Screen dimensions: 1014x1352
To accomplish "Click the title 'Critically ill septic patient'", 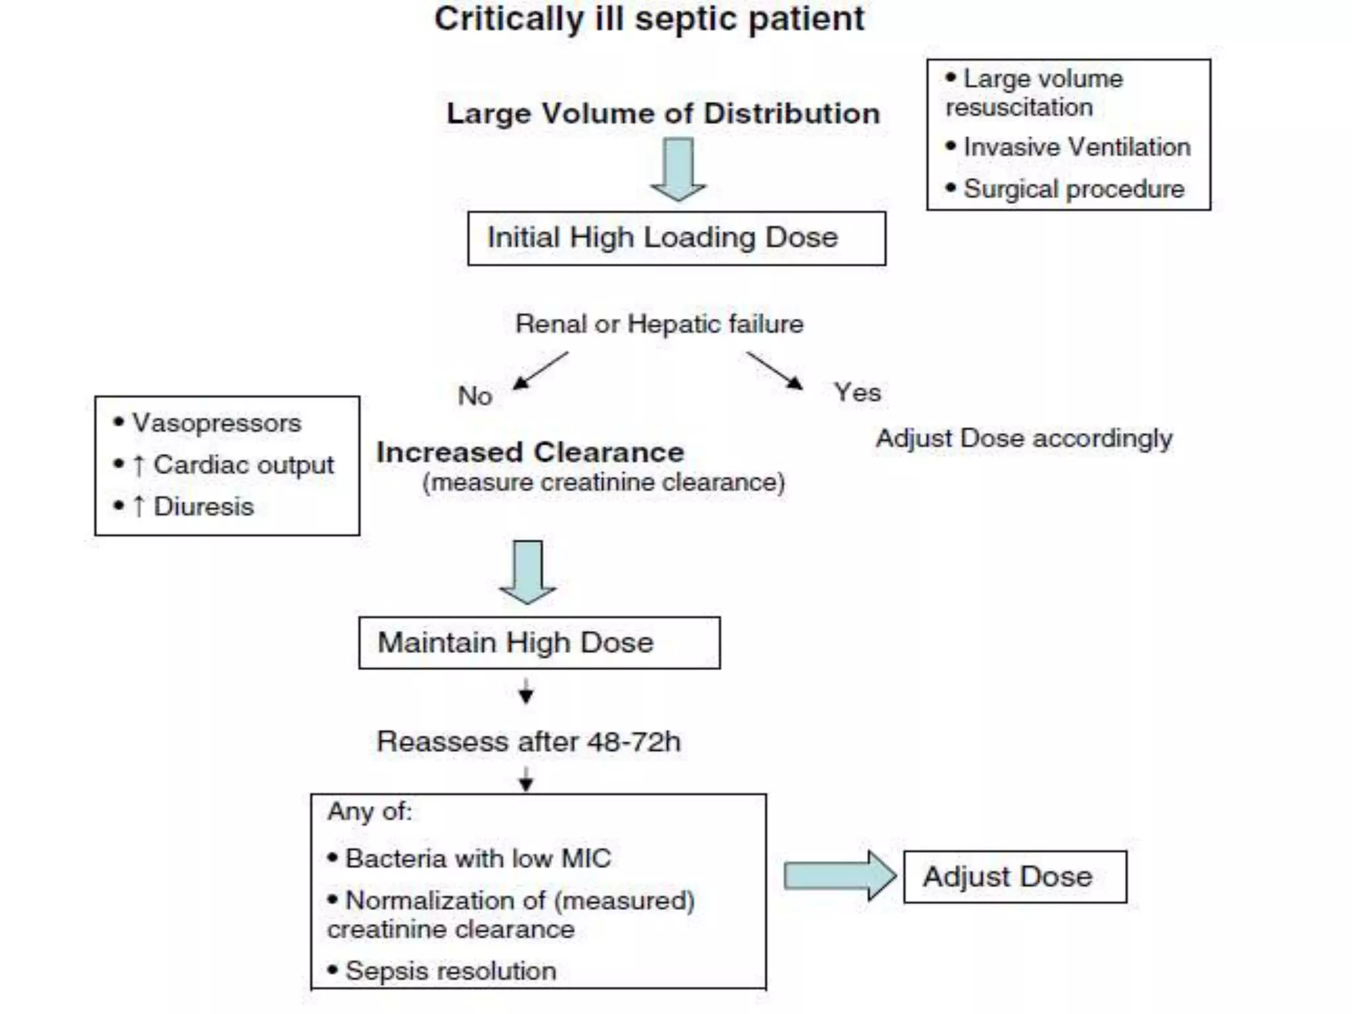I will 649,18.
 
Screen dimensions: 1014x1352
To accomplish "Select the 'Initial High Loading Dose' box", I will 676,238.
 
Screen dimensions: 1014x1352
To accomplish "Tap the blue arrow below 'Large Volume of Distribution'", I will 678,168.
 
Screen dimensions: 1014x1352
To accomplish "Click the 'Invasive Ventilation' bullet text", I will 1076,147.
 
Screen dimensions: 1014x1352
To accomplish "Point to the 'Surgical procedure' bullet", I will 1073,189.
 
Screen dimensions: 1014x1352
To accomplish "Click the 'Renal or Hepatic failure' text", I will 659,324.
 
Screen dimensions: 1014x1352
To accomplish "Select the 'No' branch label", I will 475,396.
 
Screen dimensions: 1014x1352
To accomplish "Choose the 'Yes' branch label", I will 857,393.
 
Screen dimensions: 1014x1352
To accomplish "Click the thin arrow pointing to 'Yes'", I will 774,370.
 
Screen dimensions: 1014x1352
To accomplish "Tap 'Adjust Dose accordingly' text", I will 1023,438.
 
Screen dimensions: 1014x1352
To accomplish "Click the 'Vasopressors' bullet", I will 216,423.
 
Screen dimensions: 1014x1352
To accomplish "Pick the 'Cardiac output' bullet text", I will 243,465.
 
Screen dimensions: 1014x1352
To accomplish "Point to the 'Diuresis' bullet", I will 203,507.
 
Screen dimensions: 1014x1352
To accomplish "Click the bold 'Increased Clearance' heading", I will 529,453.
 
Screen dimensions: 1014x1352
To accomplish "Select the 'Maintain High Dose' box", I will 539,643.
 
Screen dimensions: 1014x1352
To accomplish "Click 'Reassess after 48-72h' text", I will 528,742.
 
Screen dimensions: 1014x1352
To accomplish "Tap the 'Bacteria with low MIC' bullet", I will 477,859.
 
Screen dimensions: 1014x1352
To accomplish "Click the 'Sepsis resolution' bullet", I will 450,971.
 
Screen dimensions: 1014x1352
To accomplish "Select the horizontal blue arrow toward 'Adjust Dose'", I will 839,876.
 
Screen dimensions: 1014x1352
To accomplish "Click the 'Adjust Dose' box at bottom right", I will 1014,877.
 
